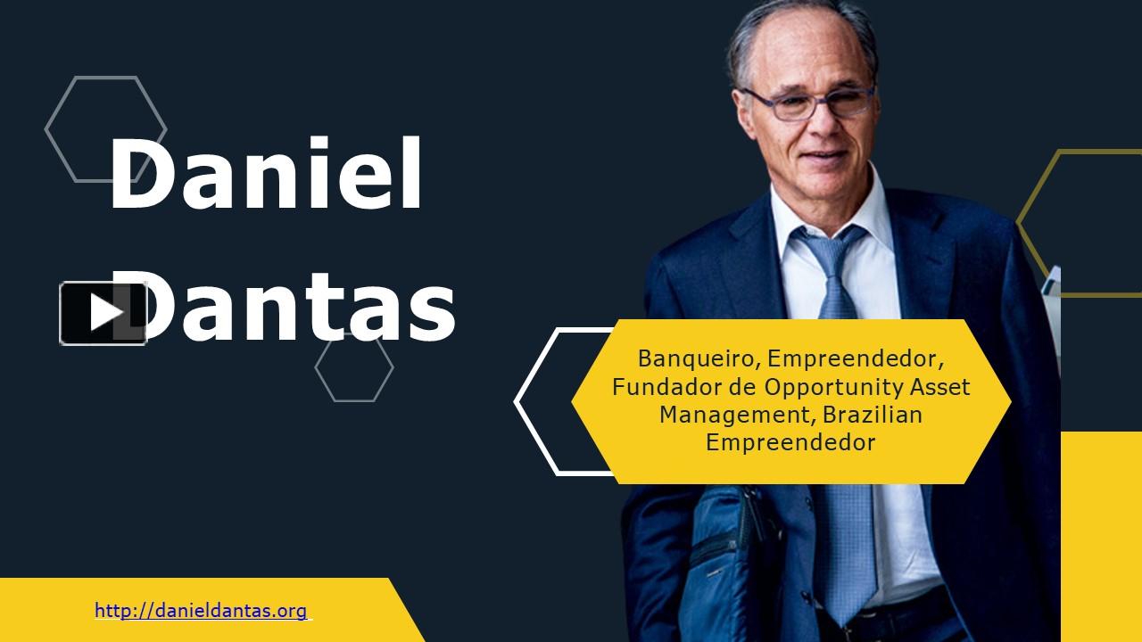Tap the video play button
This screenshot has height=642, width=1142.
point(103,313)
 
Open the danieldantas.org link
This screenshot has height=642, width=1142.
point(202,612)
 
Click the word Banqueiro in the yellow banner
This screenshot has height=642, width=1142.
point(697,359)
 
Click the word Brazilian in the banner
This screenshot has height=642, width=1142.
point(873,415)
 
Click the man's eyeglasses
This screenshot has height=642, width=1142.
point(807,104)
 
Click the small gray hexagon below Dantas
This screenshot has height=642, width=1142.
point(354,367)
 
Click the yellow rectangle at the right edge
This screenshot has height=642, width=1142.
point(1101,535)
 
